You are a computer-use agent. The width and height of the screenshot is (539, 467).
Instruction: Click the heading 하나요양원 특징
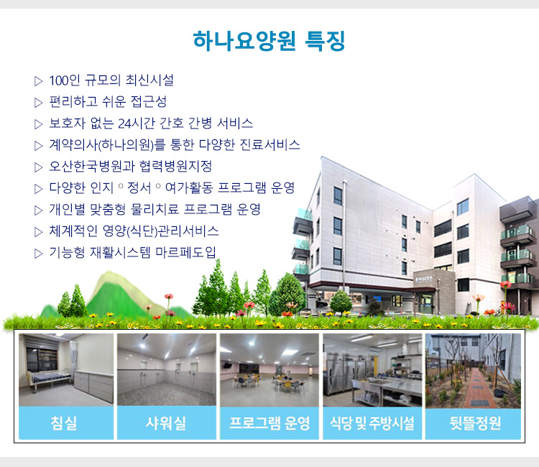(269, 41)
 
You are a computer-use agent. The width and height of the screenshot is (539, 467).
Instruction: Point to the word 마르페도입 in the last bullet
(185, 252)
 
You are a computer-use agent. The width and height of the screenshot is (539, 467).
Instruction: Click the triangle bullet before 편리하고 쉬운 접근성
(39, 103)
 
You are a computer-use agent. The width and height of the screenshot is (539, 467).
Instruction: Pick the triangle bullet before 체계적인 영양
(39, 232)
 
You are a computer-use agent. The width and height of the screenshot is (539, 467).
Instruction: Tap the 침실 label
(63, 423)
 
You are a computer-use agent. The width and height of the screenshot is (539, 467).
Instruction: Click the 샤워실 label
(166, 423)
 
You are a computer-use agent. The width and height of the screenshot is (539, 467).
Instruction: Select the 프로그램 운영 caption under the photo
(269, 423)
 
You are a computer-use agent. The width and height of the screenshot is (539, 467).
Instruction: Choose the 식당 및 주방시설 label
(372, 423)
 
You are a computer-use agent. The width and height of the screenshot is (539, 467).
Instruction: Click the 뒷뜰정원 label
(475, 423)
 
